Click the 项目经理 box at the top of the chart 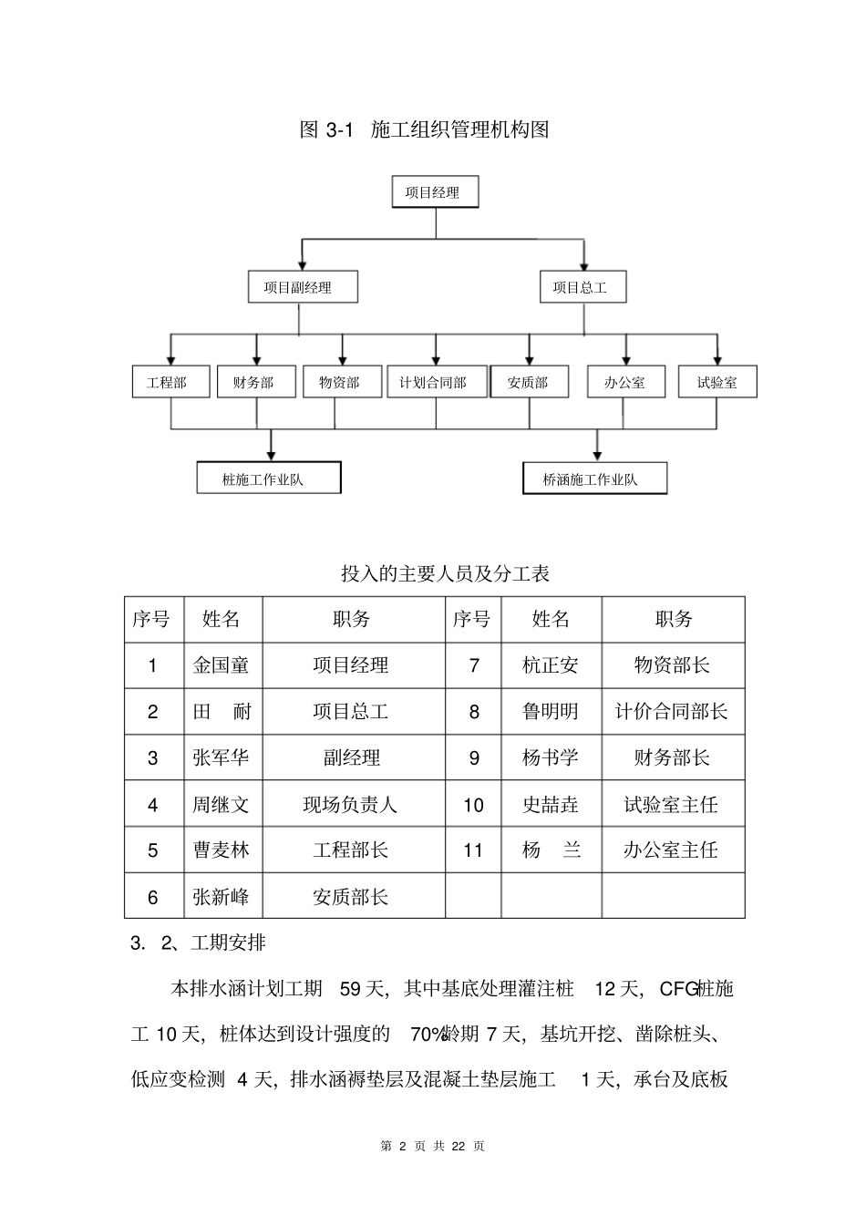click(x=435, y=192)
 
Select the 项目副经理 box click(x=303, y=287)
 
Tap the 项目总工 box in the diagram click(x=582, y=287)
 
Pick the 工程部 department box click(x=171, y=382)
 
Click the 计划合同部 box click(x=435, y=382)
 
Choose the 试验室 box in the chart click(x=717, y=382)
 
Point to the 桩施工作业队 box click(x=269, y=479)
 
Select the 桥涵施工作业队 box click(x=594, y=479)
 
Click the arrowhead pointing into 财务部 click(x=257, y=360)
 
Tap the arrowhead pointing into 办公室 click(x=625, y=360)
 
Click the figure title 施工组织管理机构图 click(x=460, y=129)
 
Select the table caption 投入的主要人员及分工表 click(x=445, y=573)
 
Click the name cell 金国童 click(x=222, y=665)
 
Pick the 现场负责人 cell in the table click(x=351, y=805)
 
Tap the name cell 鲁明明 click(x=551, y=712)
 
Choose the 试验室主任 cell click(x=672, y=805)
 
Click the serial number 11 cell click(x=473, y=850)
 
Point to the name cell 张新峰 click(x=222, y=897)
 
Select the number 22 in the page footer click(x=459, y=1146)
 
